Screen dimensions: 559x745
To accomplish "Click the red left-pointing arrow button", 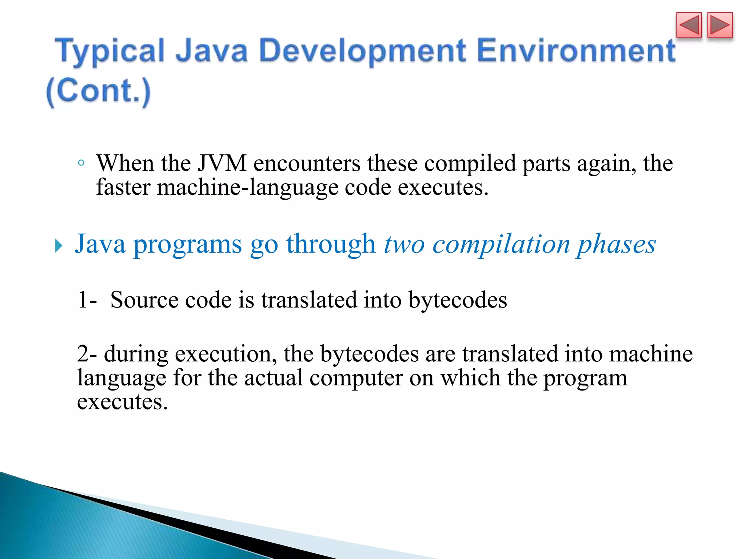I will [689, 25].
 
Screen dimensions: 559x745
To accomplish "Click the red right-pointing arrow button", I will [720, 25].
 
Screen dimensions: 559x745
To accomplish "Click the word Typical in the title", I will [111, 52].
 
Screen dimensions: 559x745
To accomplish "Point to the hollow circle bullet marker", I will [81, 163].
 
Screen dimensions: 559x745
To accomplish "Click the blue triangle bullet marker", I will [59, 246].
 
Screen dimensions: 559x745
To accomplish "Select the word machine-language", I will [247, 188].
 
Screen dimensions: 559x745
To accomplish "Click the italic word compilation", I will [501, 245].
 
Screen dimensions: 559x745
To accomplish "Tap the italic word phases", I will [615, 245].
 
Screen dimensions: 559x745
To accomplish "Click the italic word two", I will [404, 245].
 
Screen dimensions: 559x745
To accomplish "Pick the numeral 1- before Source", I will [87, 300].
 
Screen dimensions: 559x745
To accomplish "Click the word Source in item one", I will [144, 300].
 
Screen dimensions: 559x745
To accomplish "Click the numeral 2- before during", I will [87, 354].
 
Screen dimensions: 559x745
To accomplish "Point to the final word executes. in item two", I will [122, 402].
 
